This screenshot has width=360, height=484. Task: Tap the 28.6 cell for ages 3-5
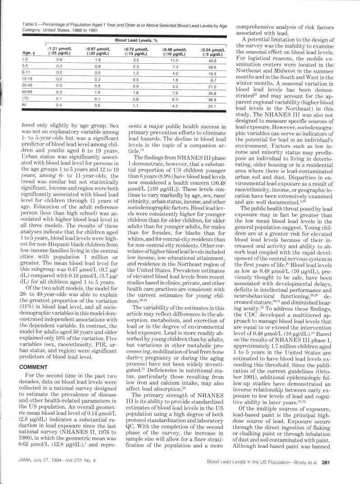coord(213,67)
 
